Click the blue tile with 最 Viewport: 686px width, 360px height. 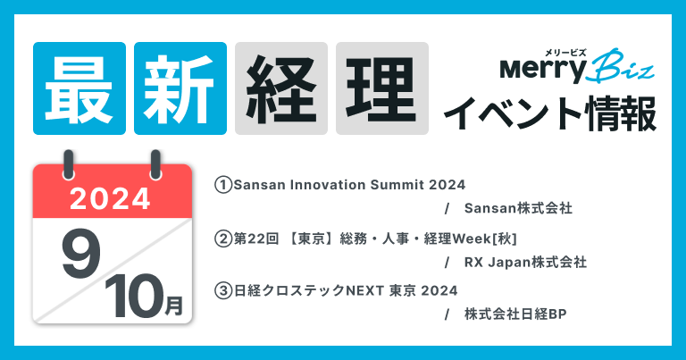pyautogui.click(x=79, y=88)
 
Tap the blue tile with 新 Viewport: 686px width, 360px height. pyautogui.click(x=180, y=88)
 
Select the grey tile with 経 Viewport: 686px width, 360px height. pyautogui.click(x=281, y=88)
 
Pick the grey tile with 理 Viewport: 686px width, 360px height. pyautogui.click(x=382, y=88)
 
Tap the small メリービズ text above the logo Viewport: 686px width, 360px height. pyautogui.click(x=559, y=50)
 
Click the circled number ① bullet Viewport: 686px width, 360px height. pyautogui.click(x=222, y=185)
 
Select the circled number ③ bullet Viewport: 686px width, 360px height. pyautogui.click(x=222, y=290)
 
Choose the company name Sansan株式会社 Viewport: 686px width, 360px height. pyautogui.click(x=518, y=209)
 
